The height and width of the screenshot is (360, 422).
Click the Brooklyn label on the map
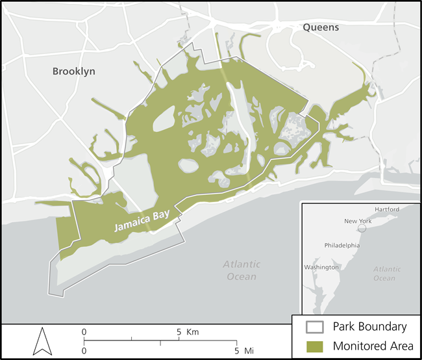[73, 71]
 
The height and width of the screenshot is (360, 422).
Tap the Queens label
[320, 27]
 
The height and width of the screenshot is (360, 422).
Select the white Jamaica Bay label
[140, 224]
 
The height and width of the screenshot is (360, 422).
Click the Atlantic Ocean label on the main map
[242, 270]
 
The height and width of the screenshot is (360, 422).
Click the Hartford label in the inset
[387, 209]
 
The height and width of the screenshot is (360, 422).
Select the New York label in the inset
[358, 221]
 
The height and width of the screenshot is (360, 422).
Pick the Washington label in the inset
[321, 267]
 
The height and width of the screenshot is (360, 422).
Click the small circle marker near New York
[362, 229]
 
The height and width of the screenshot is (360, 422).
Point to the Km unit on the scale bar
[192, 331]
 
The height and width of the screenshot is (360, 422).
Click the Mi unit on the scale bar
[248, 351]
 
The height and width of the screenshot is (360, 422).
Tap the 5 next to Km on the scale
[179, 331]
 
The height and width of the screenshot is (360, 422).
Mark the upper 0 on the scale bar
[84, 331]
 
